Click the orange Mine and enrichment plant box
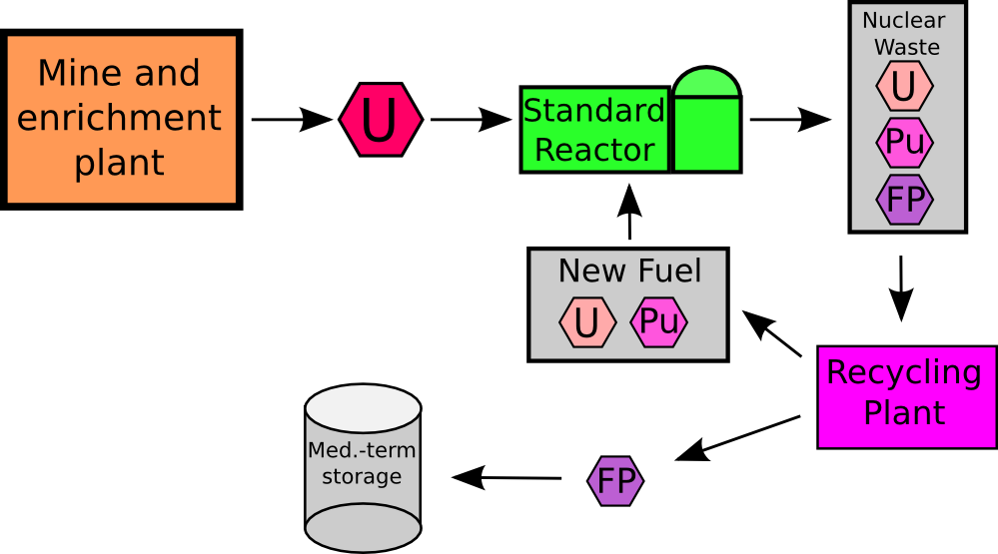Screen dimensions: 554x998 (121, 119)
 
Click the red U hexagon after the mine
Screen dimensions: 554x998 (381, 120)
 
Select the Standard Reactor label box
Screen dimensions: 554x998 (594, 130)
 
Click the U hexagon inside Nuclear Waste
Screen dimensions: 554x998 (904, 86)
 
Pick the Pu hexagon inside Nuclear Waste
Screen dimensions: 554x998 (904, 143)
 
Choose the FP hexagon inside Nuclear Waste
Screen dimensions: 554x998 (904, 199)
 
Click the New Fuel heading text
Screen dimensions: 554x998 (629, 271)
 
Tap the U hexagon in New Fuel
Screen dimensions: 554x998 (587, 322)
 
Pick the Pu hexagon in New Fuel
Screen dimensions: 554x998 (659, 322)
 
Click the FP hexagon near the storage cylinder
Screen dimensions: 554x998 (616, 481)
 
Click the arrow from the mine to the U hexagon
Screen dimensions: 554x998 (291, 120)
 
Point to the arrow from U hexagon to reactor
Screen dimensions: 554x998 (471, 120)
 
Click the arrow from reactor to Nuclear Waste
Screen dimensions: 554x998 (789, 120)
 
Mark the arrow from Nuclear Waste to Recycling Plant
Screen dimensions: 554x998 (901, 287)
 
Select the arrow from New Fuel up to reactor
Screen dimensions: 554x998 (629, 214)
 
